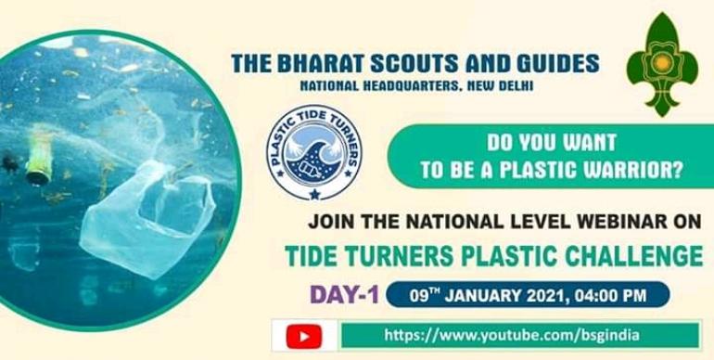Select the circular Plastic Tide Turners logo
(313, 151)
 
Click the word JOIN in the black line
(329, 223)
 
